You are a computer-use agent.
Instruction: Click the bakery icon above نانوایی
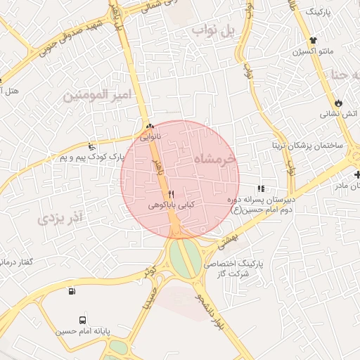click(x=149, y=127)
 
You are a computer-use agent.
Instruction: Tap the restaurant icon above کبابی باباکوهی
click(x=171, y=194)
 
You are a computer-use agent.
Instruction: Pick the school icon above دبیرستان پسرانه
click(x=261, y=188)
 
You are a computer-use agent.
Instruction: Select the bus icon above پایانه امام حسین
click(x=83, y=321)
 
